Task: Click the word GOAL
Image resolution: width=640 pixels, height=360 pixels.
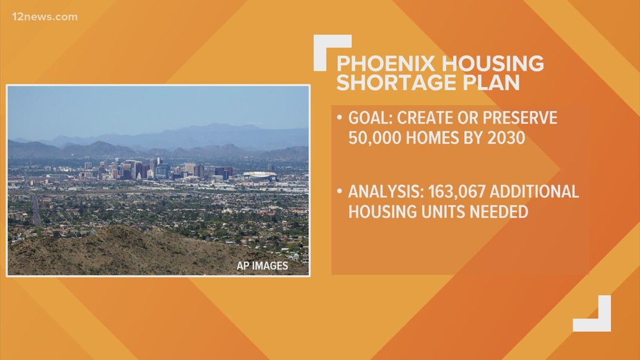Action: point(371,119)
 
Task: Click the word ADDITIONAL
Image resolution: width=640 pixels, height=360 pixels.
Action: point(534,192)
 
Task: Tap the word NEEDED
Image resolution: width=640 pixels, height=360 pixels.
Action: point(494,211)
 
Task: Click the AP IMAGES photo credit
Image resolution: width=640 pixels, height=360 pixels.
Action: point(262,266)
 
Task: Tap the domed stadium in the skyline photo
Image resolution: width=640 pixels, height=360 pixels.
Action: point(259,176)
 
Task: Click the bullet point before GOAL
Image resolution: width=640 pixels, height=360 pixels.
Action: point(340,119)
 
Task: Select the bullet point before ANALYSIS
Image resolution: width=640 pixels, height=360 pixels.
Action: point(340,192)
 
